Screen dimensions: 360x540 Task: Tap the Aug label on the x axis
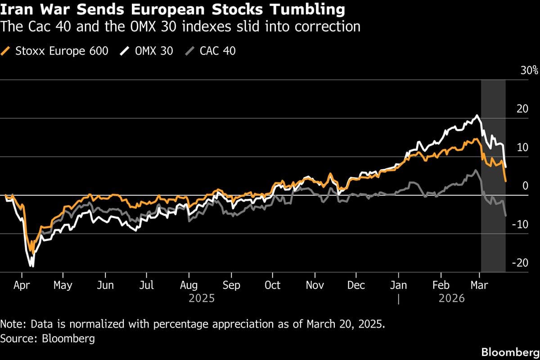[x=189, y=285]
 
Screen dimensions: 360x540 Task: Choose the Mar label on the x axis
[x=479, y=285]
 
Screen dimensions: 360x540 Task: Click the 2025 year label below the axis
[x=202, y=298]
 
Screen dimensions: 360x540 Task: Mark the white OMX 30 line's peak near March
[x=477, y=116]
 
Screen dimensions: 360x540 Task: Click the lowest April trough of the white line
[x=32, y=266]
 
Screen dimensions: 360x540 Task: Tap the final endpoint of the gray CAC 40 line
[x=506, y=216]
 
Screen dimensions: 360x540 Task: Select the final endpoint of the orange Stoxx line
[x=506, y=181]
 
